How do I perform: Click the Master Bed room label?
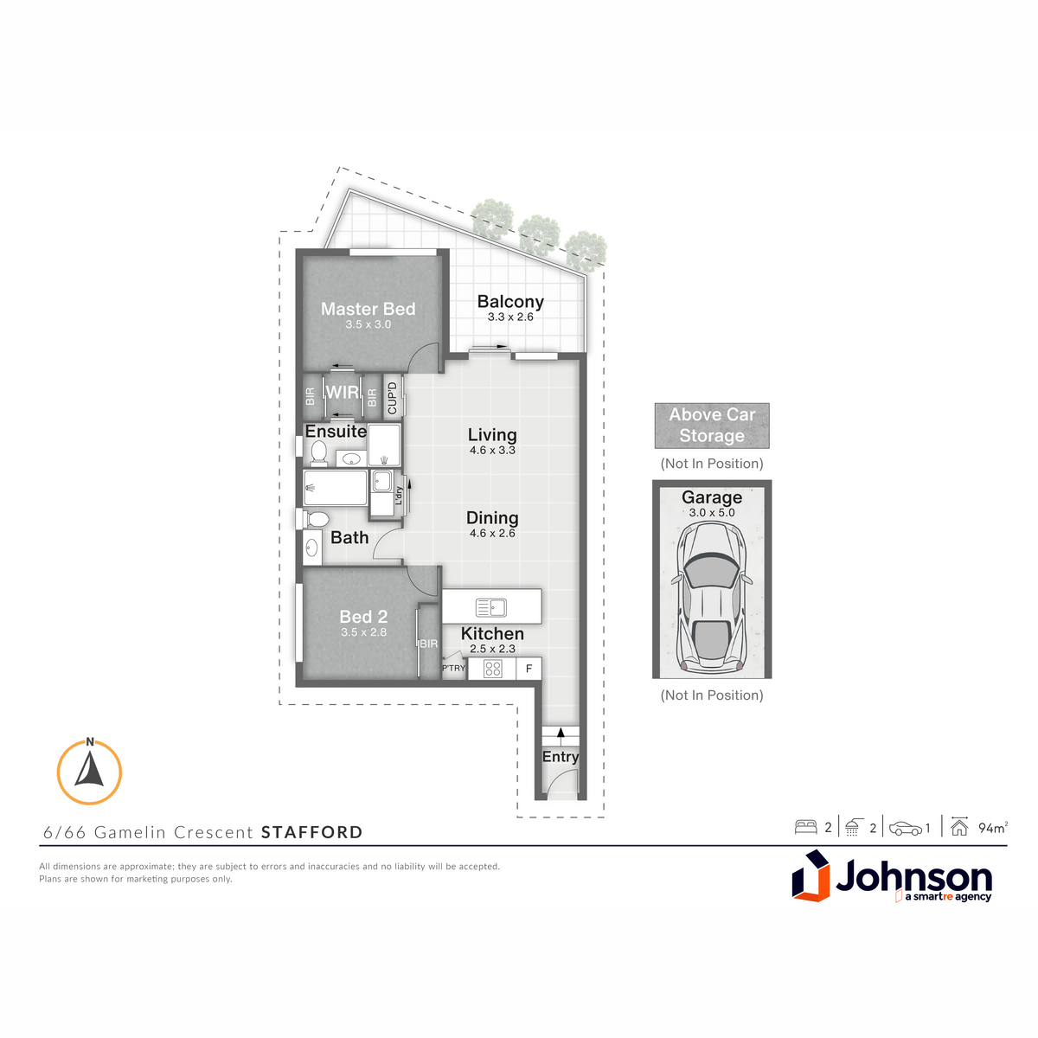click(x=368, y=309)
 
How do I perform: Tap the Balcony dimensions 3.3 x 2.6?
click(x=510, y=317)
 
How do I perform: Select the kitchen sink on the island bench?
click(x=491, y=607)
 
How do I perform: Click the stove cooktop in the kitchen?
click(x=492, y=669)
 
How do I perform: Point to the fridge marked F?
click(x=529, y=669)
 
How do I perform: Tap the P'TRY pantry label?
click(x=453, y=668)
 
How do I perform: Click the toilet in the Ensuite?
click(x=318, y=452)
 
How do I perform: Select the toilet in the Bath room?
click(x=316, y=519)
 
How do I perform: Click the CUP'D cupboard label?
click(x=392, y=398)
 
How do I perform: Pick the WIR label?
click(x=343, y=392)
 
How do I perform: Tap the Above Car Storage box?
click(x=712, y=426)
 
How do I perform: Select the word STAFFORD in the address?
click(x=312, y=832)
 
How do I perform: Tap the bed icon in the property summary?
click(x=806, y=828)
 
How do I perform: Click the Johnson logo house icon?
click(x=811, y=876)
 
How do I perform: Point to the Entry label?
click(x=561, y=757)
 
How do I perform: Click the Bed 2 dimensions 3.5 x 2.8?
click(x=363, y=632)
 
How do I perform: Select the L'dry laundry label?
click(x=399, y=496)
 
